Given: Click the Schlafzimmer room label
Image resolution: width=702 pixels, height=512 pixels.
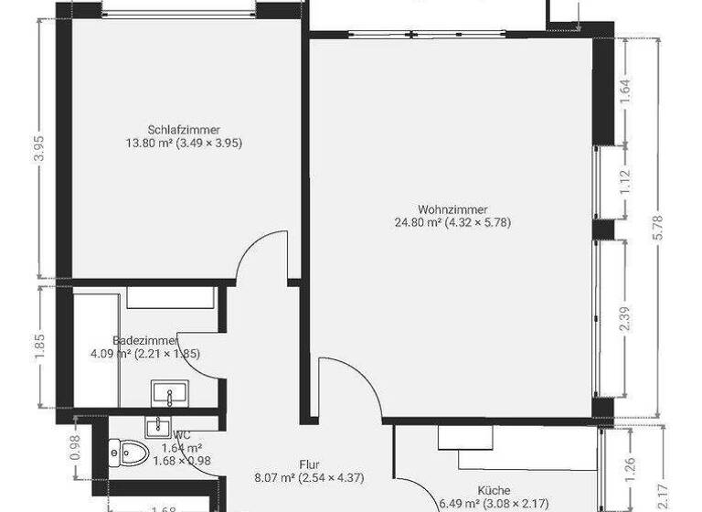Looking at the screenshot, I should coord(184,129).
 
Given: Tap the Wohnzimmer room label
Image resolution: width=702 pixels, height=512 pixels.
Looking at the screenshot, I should coord(447,208).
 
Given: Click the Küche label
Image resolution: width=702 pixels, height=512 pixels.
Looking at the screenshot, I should coord(493,490).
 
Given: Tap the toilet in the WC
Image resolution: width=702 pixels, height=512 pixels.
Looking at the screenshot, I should coord(128,451).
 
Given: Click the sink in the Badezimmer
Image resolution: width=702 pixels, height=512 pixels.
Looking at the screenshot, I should coord(168,394).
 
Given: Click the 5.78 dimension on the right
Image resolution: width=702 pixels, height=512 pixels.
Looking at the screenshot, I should coord(660,229).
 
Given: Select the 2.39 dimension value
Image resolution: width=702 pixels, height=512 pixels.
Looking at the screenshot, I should coord(625,318).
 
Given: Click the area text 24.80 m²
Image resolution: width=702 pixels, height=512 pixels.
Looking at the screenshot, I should coord(418,222).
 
